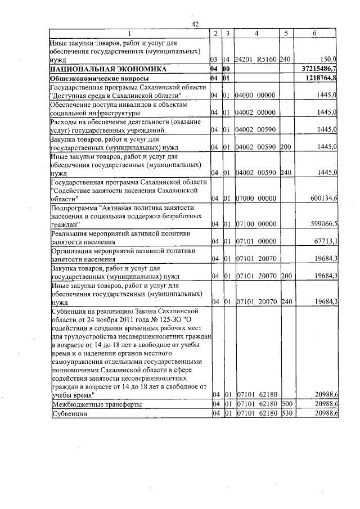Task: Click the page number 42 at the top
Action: [195, 24]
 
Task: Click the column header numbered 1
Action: [129, 34]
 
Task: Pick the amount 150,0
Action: [327, 58]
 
